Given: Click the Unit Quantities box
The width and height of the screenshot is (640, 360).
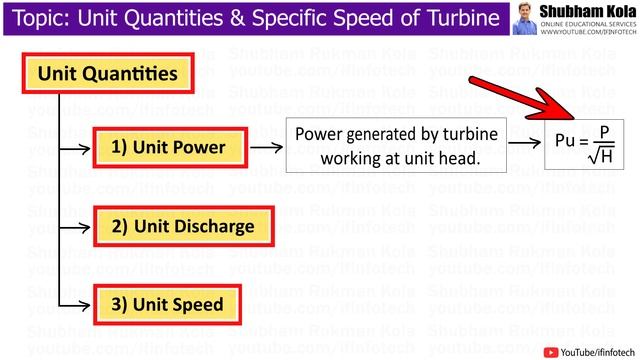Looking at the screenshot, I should click(108, 73).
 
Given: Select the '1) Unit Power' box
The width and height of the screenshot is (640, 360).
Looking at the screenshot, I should click(168, 148).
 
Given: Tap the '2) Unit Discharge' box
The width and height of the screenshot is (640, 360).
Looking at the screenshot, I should click(182, 226).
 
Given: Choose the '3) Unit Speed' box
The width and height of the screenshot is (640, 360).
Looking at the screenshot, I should click(168, 303).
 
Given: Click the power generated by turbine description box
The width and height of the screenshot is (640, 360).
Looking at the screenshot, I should click(394, 147).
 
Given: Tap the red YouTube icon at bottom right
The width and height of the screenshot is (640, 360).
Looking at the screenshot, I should click(550, 350).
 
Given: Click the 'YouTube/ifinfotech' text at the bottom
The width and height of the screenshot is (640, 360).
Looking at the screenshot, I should click(596, 350).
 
